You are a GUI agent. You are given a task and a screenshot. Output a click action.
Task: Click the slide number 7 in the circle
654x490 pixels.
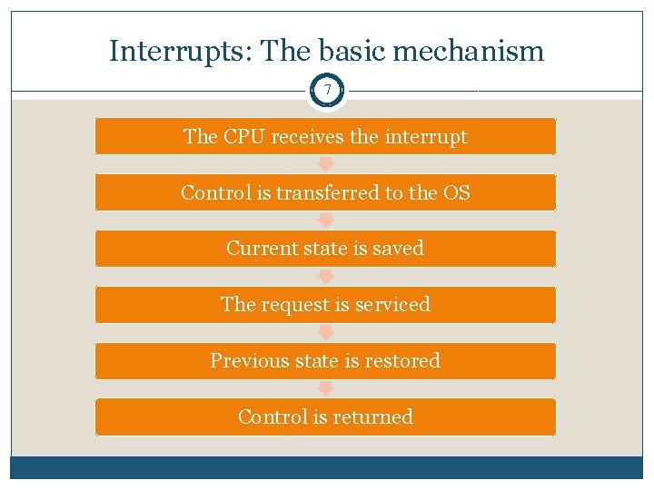click(x=327, y=92)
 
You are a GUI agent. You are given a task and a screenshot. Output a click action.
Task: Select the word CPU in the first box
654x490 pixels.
click(x=239, y=137)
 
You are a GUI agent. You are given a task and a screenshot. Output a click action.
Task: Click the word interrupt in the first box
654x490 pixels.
click(x=426, y=137)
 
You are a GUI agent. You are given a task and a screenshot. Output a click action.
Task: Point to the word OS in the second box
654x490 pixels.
click(x=457, y=192)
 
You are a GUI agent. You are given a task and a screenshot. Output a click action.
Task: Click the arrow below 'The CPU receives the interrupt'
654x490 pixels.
click(x=326, y=164)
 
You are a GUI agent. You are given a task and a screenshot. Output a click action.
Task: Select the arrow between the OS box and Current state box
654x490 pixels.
click(x=326, y=220)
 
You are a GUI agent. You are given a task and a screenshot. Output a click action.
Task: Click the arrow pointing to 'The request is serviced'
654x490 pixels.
click(x=326, y=277)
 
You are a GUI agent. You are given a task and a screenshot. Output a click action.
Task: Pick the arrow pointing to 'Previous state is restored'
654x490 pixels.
click(x=326, y=333)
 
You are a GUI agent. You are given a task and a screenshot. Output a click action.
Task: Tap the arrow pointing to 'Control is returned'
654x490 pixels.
click(x=326, y=389)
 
